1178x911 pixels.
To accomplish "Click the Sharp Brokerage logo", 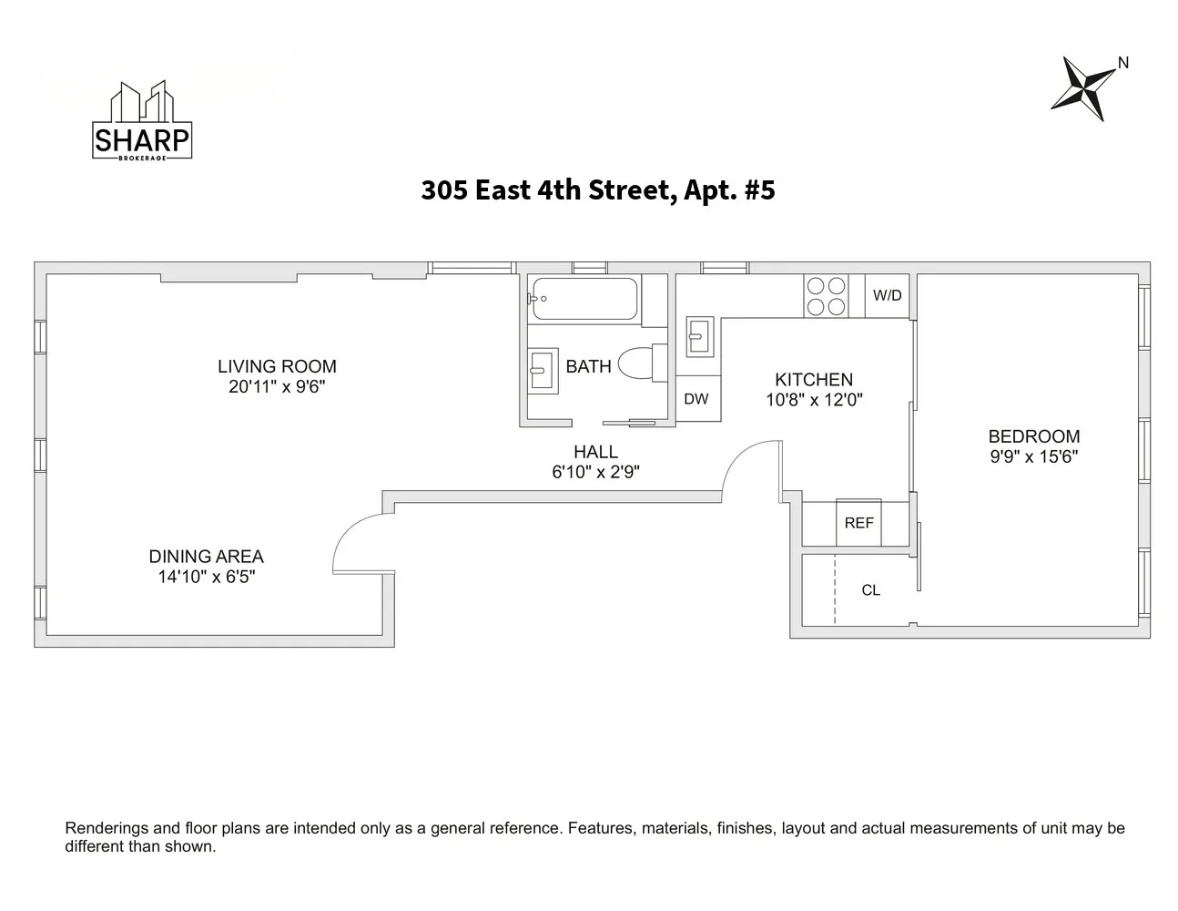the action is pos(142,120).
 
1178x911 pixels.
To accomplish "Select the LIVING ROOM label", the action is pos(277,366).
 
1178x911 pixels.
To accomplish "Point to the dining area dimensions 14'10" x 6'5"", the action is pos(207,577).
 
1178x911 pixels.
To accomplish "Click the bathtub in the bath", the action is pos(584,299).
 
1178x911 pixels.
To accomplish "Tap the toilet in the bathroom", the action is pos(643,363).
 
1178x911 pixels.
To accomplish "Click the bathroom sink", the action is pos(543,371).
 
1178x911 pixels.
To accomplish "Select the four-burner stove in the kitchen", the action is pos(827,296).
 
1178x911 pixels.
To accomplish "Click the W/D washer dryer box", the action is pos(887,295).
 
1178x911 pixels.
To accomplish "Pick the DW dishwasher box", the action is pos(697,399).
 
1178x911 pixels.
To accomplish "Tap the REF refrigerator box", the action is pos(858,523).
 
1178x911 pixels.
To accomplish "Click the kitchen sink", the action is pos(700,337).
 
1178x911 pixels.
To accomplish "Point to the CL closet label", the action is pos(870,590).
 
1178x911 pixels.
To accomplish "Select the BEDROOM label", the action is pos(1034,436).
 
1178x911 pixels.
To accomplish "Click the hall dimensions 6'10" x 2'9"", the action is pos(595,472).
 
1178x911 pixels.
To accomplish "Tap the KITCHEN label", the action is pos(814,380).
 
